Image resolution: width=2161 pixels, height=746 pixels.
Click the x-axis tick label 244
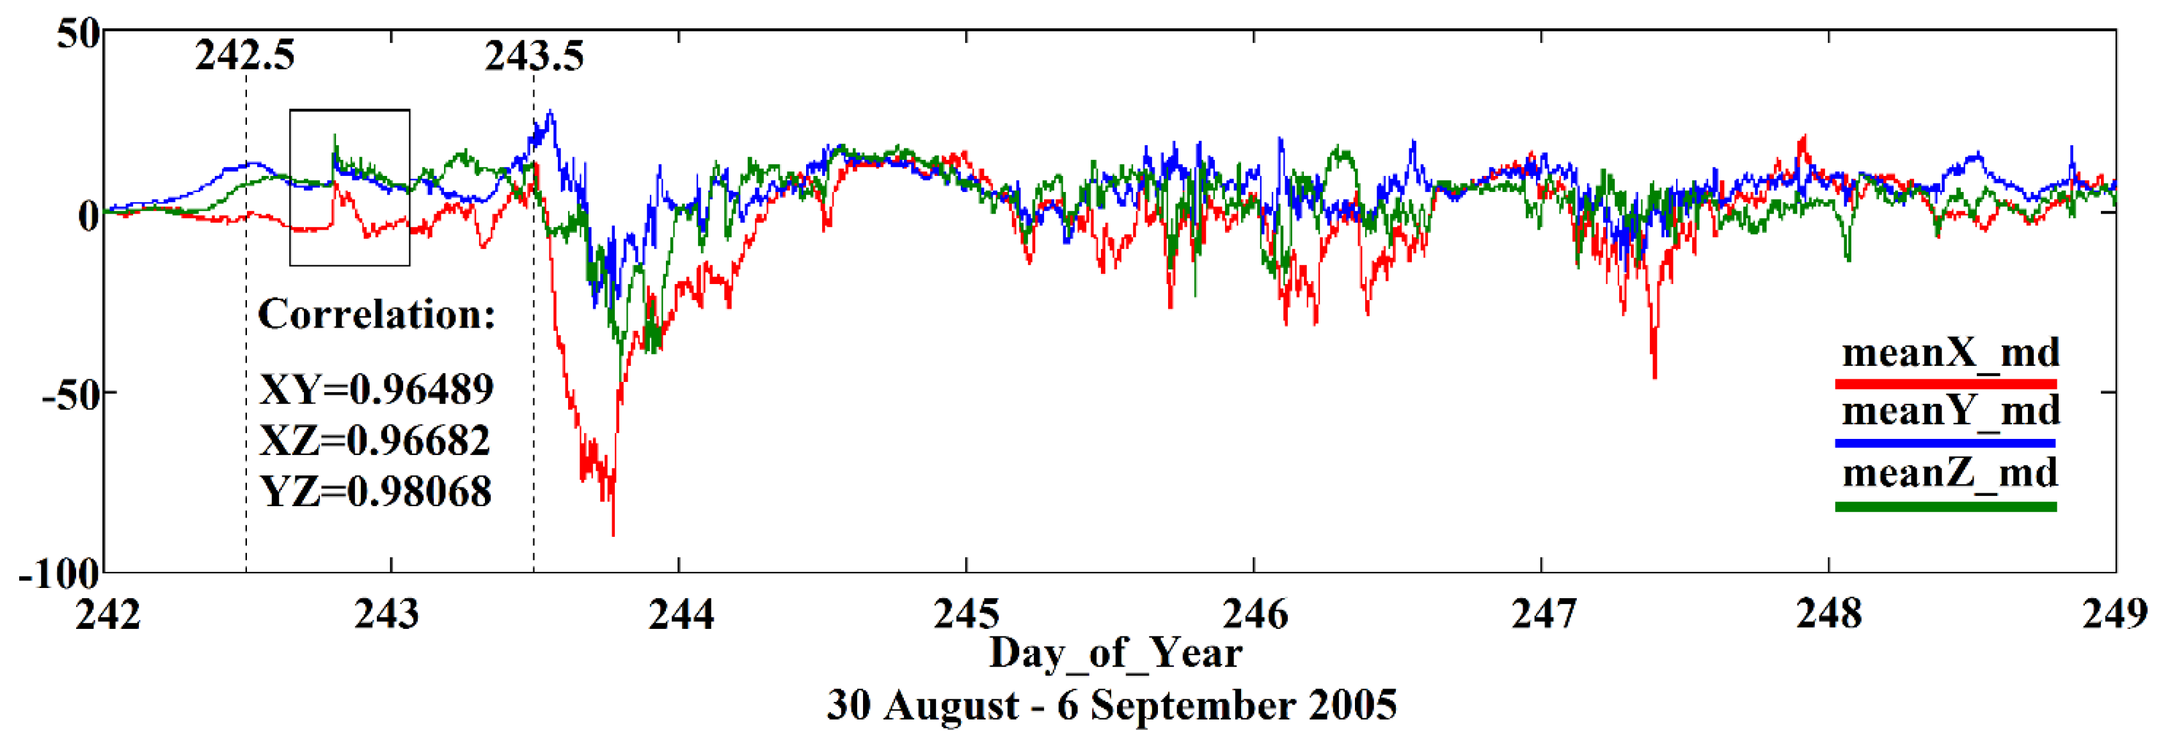tap(680, 614)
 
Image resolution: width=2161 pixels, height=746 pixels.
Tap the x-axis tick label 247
tap(1543, 614)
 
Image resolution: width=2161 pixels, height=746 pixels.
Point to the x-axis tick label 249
tap(2115, 614)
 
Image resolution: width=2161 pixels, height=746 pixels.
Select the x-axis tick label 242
tap(107, 614)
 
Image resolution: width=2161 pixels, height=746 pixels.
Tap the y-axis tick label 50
tap(78, 35)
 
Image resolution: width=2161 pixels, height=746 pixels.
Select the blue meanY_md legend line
tap(1945, 443)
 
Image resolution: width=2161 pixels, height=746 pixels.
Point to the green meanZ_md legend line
tap(1945, 507)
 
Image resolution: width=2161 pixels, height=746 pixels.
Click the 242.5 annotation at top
tap(245, 56)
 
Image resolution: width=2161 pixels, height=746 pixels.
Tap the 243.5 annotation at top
tap(534, 56)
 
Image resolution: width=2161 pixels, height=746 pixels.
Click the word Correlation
tap(376, 315)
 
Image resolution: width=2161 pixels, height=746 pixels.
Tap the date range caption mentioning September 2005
tap(1112, 705)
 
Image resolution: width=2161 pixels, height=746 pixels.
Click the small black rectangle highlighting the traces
tap(350, 111)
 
